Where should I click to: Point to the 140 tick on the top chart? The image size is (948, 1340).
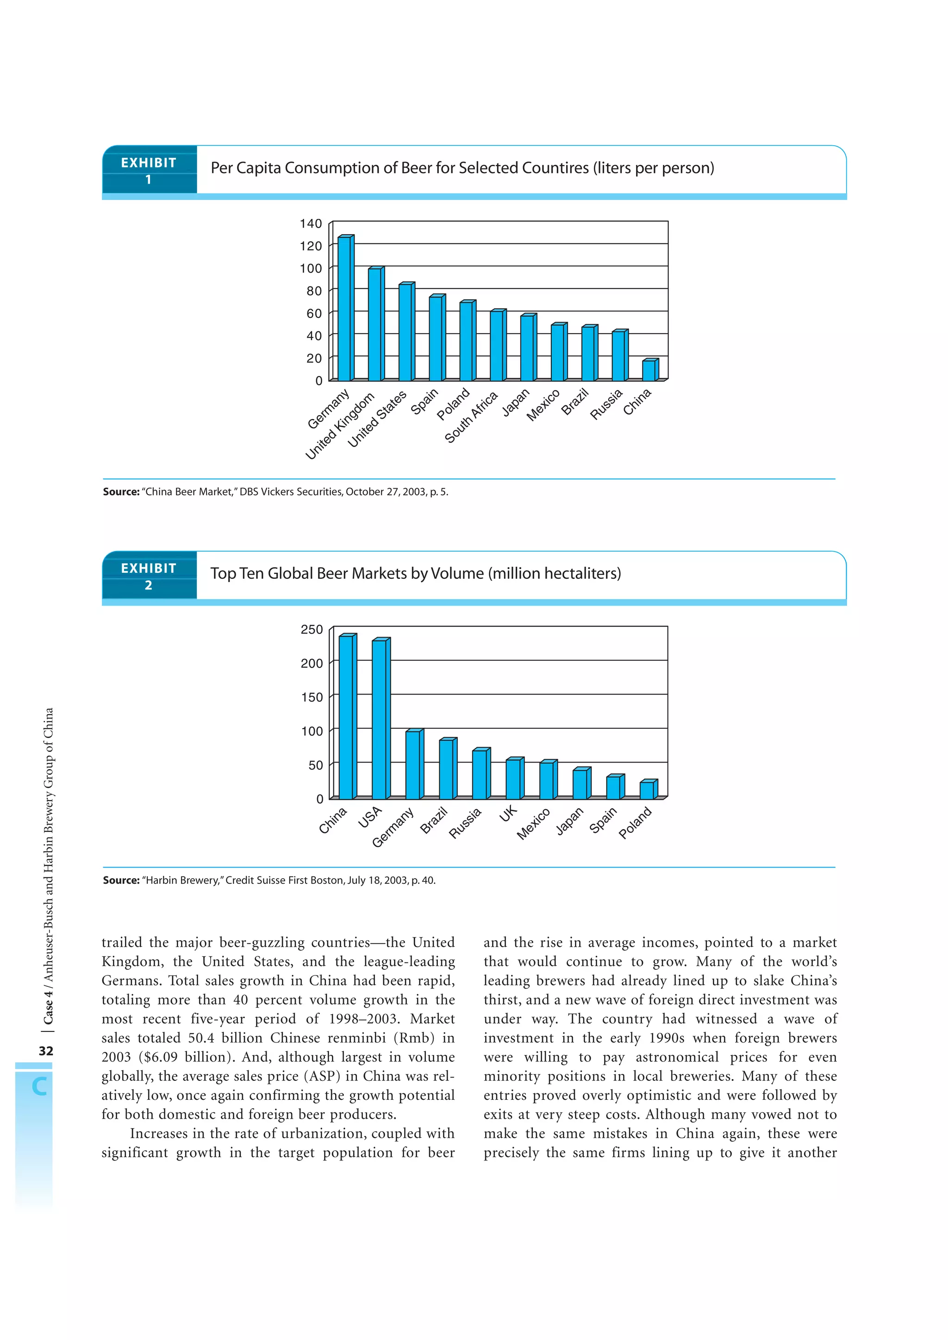[311, 223]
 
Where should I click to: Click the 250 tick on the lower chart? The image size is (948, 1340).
[312, 629]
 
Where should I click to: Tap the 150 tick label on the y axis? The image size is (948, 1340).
[312, 697]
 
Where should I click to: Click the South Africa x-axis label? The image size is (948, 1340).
[471, 417]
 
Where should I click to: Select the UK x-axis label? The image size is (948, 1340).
[508, 813]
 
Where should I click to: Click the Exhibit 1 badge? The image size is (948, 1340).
[149, 170]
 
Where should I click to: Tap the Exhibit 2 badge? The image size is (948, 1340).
[149, 576]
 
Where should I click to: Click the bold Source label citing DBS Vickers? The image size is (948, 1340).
[121, 491]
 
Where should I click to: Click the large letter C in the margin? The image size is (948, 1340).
[39, 1086]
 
